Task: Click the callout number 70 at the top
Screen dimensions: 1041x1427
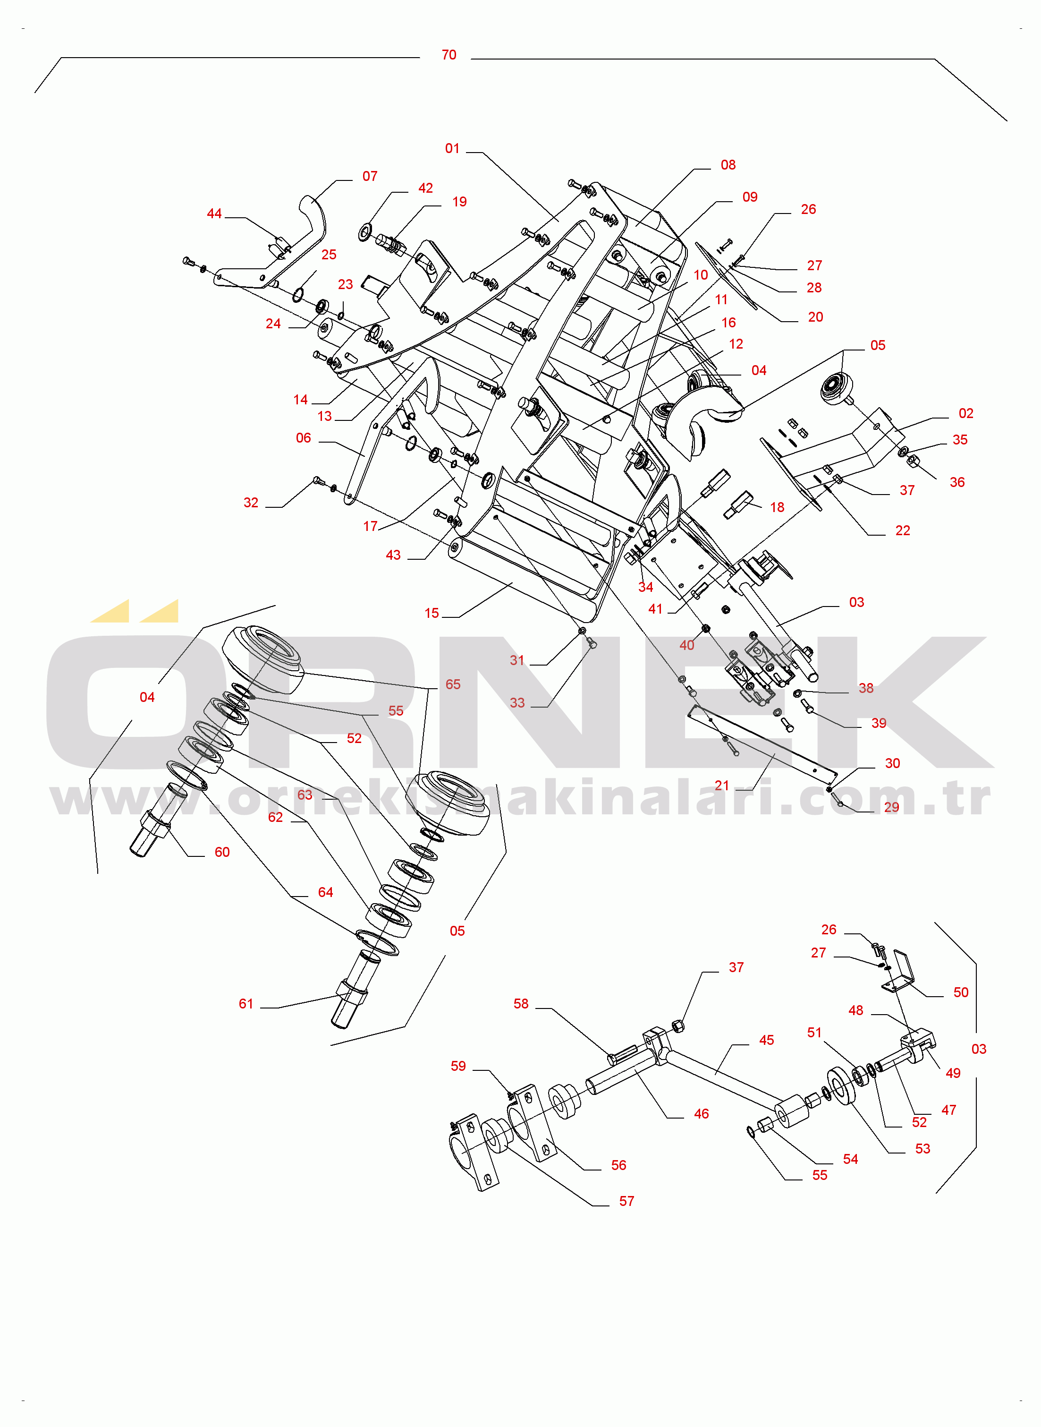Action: [x=449, y=55]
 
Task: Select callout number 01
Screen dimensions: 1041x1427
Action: [x=452, y=149]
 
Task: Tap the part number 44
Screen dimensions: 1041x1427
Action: [x=214, y=214]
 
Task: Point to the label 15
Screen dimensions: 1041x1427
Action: [x=432, y=613]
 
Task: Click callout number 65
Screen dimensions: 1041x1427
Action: [x=453, y=684]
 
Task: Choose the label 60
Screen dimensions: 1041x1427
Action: [x=222, y=852]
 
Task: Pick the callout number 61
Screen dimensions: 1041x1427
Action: [x=246, y=1004]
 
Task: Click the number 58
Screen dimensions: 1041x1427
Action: [x=521, y=1004]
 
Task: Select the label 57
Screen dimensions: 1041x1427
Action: [x=627, y=1201]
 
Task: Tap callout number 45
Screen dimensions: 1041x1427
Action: [x=767, y=1041]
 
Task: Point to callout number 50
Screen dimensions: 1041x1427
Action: [x=961, y=993]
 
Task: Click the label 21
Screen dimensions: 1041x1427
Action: [x=722, y=786]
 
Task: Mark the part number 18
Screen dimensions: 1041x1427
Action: [x=778, y=507]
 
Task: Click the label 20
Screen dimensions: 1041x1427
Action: [x=815, y=317]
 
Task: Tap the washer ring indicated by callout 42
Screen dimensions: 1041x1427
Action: [x=365, y=232]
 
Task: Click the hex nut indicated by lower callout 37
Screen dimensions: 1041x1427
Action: [x=678, y=1026]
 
